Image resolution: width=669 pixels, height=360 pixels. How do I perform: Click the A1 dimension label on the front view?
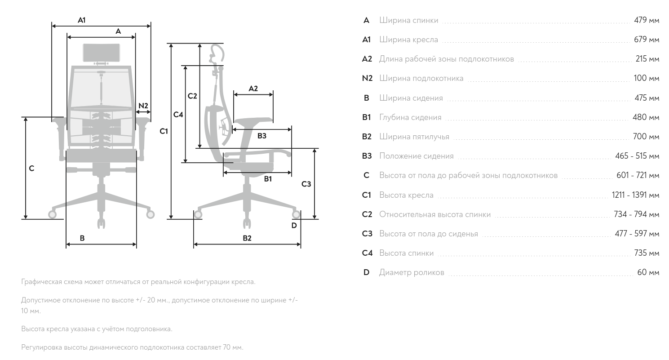(x=81, y=20)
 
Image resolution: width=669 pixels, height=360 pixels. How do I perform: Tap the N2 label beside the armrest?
(x=143, y=106)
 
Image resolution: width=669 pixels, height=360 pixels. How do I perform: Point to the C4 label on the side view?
(x=178, y=115)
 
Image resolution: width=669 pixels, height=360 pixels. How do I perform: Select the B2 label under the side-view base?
(x=247, y=238)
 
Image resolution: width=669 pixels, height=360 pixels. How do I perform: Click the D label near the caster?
(x=294, y=225)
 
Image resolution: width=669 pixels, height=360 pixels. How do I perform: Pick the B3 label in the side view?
(x=261, y=136)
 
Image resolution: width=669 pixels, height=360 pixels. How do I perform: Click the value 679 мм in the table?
(x=647, y=40)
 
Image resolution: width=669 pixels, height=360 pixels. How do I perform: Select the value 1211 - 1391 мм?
(x=635, y=195)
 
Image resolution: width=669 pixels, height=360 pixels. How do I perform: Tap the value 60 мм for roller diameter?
(x=648, y=272)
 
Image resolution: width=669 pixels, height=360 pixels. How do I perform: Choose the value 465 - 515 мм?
(x=637, y=156)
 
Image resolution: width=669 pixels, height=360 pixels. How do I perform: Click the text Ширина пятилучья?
(x=414, y=137)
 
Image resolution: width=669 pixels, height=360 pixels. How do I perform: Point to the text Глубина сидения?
(x=410, y=117)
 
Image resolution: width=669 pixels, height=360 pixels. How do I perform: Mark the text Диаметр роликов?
(x=412, y=272)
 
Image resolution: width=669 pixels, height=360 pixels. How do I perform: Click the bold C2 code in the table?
(x=367, y=214)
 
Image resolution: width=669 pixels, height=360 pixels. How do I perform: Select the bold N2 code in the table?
(x=367, y=78)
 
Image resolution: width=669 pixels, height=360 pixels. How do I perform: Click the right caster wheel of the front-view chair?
(x=151, y=214)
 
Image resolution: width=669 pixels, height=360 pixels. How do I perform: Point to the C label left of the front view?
(x=31, y=168)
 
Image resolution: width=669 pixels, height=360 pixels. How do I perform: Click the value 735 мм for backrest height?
(x=647, y=253)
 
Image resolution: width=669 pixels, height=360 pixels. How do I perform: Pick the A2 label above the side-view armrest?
(x=253, y=88)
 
